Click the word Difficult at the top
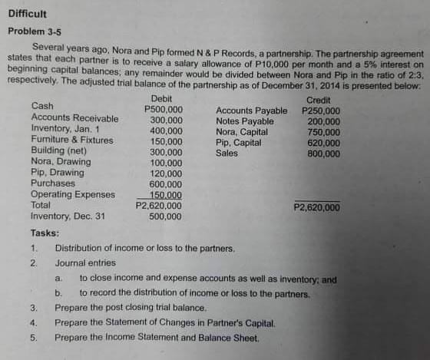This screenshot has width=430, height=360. pyautogui.click(x=28, y=14)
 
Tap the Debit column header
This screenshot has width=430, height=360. pyautogui.click(x=162, y=99)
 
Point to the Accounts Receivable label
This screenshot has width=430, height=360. pyautogui.click(x=74, y=119)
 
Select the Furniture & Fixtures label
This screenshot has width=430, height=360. pyautogui.click(x=73, y=140)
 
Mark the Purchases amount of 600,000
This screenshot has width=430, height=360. pyautogui.click(x=166, y=184)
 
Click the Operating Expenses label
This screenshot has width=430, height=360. pyautogui.click(x=72, y=195)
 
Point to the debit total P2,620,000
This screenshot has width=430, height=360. pyautogui.click(x=159, y=206)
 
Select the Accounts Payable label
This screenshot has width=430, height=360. pyautogui.click(x=252, y=111)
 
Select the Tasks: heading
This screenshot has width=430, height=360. pyautogui.click(x=45, y=233)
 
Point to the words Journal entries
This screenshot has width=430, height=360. pyautogui.click(x=85, y=263)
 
